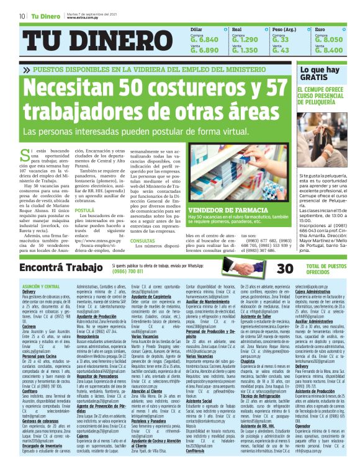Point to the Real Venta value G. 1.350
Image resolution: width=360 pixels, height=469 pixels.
pyautogui.click(x=245, y=50)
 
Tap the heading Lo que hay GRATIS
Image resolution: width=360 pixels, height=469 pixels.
pyautogui.click(x=320, y=74)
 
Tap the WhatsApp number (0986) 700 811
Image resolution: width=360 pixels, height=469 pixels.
pyautogui.click(x=128, y=271)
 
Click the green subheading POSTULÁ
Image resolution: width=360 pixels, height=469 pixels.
pyautogui.click(x=84, y=210)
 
